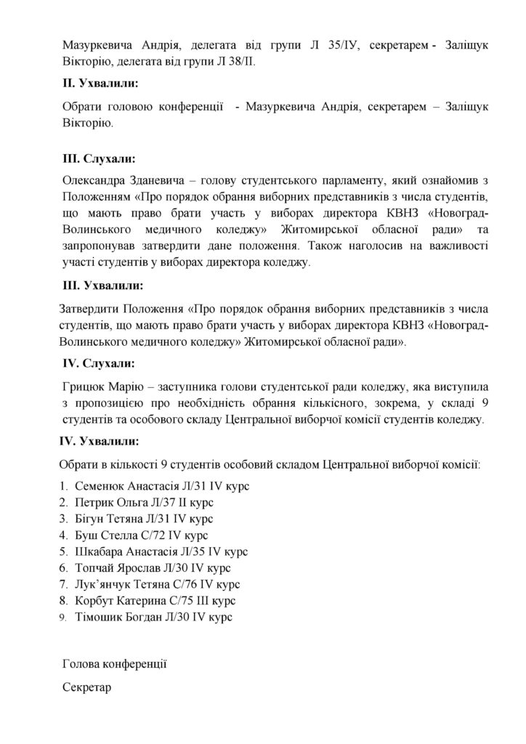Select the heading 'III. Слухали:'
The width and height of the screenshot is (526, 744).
pyautogui.click(x=100, y=158)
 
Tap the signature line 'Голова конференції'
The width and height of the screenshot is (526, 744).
pyautogui.click(x=116, y=663)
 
